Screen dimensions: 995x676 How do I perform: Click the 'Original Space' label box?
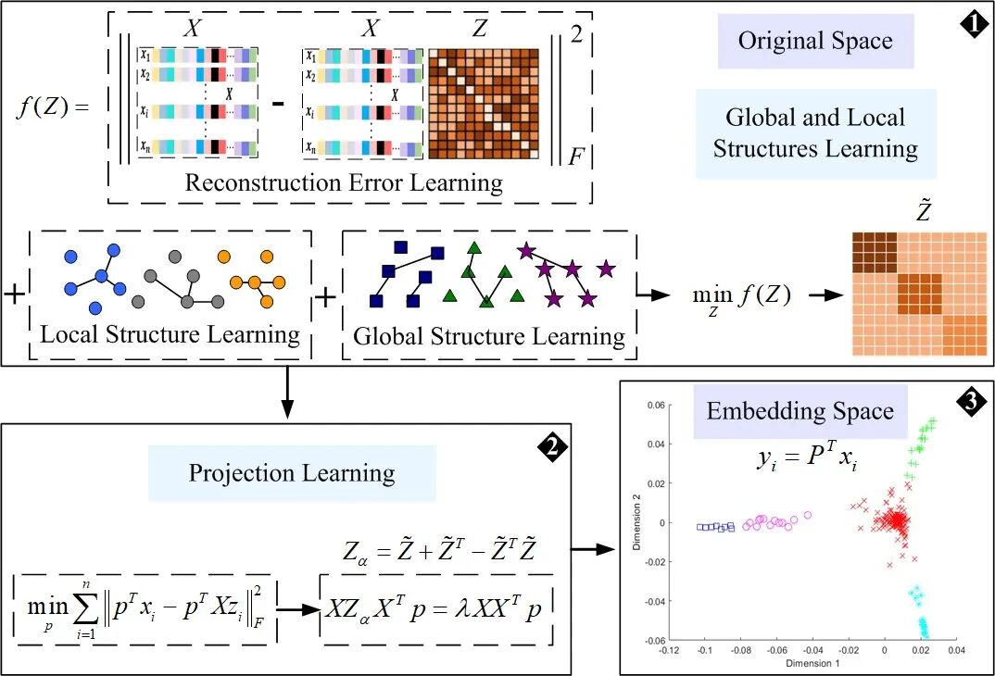(815, 42)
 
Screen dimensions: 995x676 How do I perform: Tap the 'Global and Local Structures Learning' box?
(815, 132)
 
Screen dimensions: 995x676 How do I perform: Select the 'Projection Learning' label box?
(292, 473)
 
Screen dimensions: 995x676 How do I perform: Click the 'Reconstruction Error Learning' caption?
(344, 182)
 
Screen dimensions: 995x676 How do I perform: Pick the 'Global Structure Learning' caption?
(489, 336)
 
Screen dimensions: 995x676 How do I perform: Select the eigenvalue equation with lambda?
(435, 612)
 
